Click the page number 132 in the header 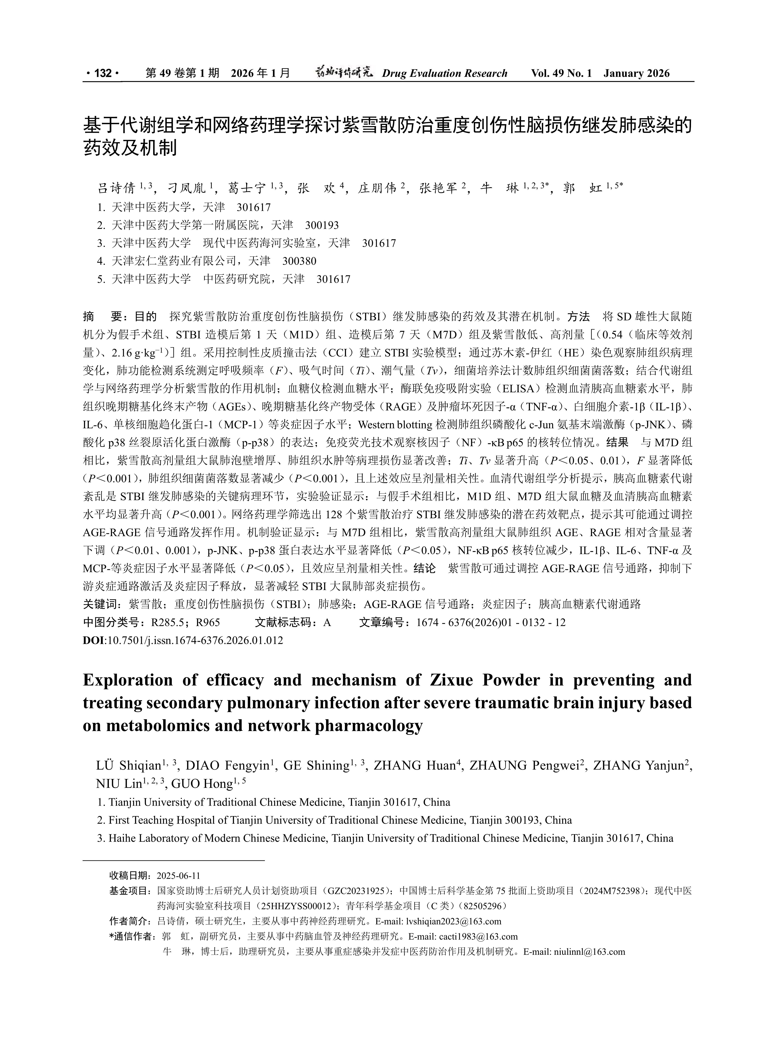(103, 73)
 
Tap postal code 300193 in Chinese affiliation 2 (322, 225)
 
